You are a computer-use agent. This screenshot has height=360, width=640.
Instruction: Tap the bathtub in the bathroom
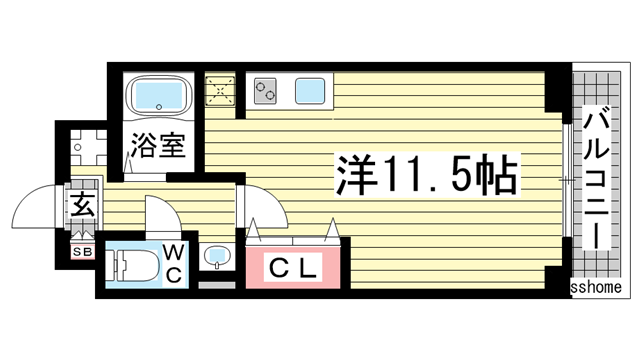(159, 97)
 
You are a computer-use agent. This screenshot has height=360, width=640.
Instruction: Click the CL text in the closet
(295, 267)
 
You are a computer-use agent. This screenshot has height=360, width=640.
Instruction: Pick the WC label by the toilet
(172, 263)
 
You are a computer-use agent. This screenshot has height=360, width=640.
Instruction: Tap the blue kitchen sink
(314, 92)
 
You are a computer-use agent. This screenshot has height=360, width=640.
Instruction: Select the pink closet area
(295, 267)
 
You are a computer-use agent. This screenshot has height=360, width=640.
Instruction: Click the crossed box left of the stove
(220, 90)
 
